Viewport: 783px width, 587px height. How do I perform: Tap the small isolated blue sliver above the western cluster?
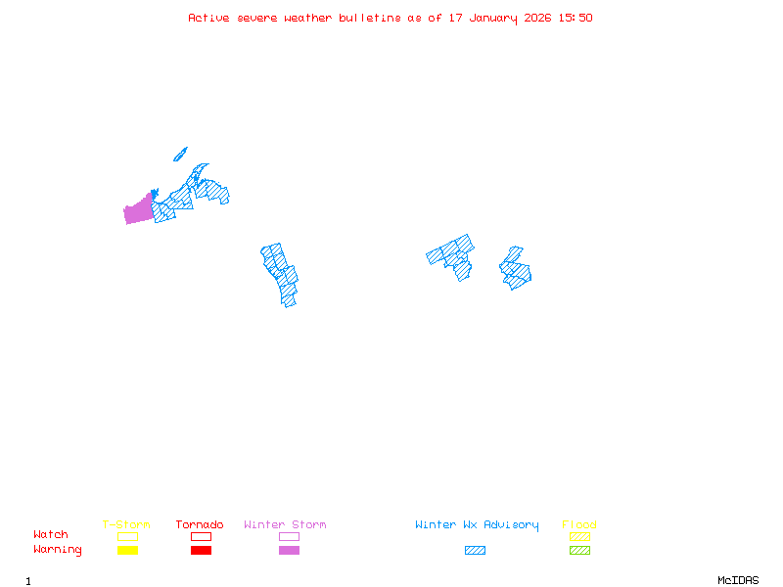180,154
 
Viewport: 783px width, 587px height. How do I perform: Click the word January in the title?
483,18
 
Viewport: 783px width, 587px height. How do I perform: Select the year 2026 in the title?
535,18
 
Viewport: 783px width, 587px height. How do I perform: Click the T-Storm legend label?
126,524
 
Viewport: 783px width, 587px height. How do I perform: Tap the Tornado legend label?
200,524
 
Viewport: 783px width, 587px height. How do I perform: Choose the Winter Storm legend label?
285,524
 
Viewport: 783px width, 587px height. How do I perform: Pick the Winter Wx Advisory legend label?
477,524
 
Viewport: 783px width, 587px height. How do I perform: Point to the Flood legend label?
579,524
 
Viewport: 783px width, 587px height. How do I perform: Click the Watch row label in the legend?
51,535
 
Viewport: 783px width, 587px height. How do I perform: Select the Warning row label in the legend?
58,550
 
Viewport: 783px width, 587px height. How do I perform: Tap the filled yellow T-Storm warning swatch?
127,551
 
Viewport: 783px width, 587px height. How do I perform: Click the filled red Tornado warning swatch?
201,551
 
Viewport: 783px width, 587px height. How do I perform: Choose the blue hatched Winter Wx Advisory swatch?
475,551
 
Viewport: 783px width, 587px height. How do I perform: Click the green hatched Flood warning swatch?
579,551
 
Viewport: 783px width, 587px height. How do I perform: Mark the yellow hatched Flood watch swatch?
579,536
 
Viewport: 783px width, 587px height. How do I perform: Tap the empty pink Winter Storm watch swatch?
289,536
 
